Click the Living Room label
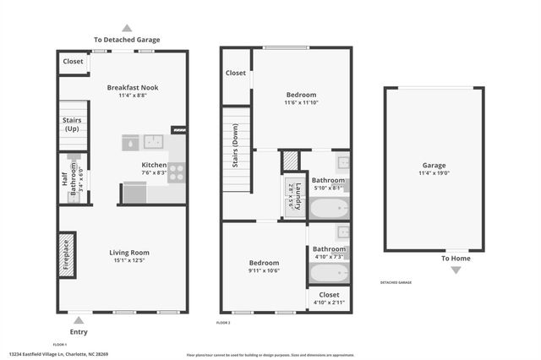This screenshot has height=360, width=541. pyautogui.click(x=129, y=252)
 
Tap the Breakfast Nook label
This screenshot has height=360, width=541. pyautogui.click(x=133, y=87)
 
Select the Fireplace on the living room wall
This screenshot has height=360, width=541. pyautogui.click(x=67, y=254)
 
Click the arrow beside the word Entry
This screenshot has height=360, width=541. pyautogui.click(x=79, y=319)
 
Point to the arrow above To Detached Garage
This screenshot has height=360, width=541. pyautogui.click(x=127, y=27)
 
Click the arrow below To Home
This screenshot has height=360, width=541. pyautogui.click(x=456, y=270)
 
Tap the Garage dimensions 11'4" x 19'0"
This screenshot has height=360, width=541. pyautogui.click(x=434, y=173)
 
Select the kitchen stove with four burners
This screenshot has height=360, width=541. pyautogui.click(x=176, y=173)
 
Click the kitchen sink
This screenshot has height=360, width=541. pyautogui.click(x=153, y=141)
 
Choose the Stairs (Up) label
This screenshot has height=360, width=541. pyautogui.click(x=72, y=124)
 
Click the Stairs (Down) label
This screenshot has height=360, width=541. pyautogui.click(x=235, y=145)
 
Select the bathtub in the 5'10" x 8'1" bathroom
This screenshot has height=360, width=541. pyautogui.click(x=328, y=208)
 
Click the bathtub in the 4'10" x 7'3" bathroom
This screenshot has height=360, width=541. pyautogui.click(x=328, y=273)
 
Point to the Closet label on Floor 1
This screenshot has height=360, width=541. pyautogui.click(x=74, y=62)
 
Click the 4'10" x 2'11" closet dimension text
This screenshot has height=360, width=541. pyautogui.click(x=329, y=303)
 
